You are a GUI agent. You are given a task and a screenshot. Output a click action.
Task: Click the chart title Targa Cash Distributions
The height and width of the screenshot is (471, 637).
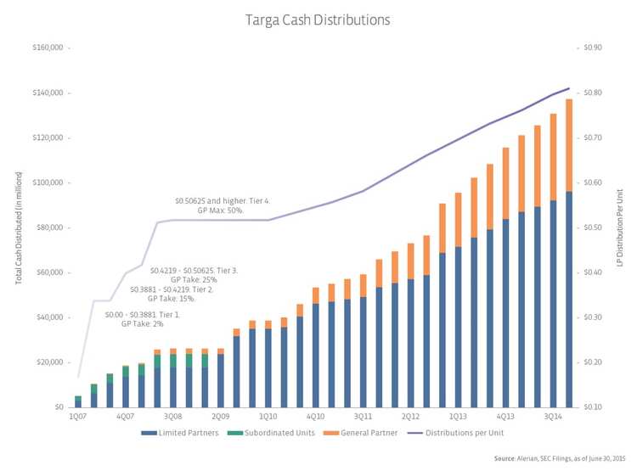[319, 18]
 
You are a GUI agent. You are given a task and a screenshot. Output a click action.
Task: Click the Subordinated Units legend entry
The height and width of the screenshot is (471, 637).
[284, 432]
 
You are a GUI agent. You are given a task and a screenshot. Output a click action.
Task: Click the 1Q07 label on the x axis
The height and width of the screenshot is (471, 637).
[78, 417]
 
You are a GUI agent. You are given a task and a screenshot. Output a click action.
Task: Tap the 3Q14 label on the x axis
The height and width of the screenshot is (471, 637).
[552, 417]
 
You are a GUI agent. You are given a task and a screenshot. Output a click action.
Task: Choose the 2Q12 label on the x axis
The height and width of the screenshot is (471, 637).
[410, 417]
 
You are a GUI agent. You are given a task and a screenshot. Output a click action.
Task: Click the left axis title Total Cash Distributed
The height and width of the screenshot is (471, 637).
[18, 227]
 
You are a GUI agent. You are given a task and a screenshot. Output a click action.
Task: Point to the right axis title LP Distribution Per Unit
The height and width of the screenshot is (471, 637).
[622, 227]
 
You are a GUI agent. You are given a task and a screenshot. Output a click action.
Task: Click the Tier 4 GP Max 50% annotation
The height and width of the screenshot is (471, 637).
[222, 205]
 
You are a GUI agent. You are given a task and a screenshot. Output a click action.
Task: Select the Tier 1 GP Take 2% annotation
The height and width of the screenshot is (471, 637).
[142, 319]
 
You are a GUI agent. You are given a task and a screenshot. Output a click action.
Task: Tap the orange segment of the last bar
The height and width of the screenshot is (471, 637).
[568, 145]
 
